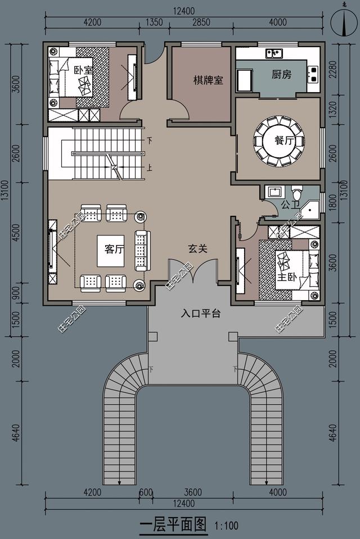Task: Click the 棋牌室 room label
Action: tap(208, 80)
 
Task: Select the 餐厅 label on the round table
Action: tap(285, 141)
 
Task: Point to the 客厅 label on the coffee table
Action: tap(114, 250)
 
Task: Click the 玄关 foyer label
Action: tap(197, 248)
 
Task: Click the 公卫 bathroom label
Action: tap(289, 205)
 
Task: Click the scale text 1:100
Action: tap(227, 527)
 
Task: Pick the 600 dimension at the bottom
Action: tap(146, 492)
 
